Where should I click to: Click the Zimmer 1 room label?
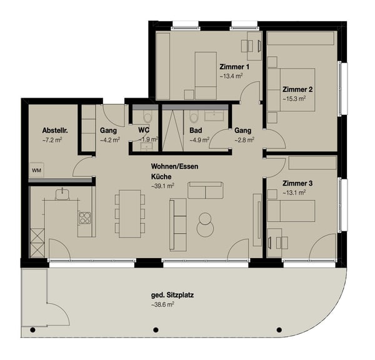click(234, 67)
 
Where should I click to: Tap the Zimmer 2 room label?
click(297, 89)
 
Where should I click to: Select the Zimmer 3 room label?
click(297, 183)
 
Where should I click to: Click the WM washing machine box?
click(36, 170)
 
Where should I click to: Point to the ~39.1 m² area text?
click(162, 186)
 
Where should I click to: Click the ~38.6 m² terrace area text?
click(162, 304)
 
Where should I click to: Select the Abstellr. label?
click(54, 130)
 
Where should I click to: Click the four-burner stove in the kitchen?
click(84, 218)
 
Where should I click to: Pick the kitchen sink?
click(63, 194)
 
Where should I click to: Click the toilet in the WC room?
click(146, 117)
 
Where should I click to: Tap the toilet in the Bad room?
click(194, 117)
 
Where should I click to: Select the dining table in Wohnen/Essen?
click(129, 213)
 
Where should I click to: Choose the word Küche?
click(161, 177)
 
